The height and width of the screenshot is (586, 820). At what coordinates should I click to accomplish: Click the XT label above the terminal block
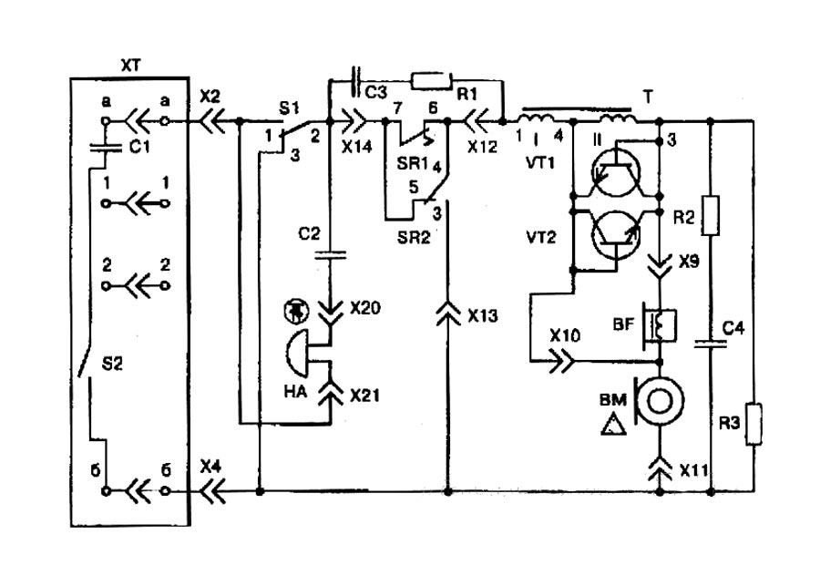(131, 64)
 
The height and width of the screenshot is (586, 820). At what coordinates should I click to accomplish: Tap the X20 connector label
(363, 307)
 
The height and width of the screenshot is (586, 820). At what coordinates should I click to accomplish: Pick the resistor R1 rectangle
(431, 80)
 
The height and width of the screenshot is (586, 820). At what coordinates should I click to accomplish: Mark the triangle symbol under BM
(611, 421)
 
